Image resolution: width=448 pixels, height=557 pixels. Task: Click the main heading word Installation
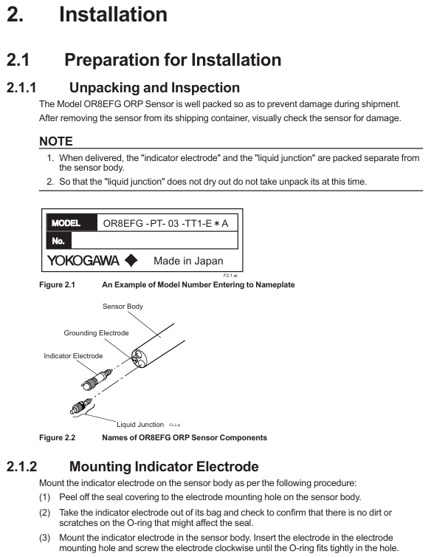[113, 14]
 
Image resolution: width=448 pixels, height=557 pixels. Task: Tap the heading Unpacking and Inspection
[154, 89]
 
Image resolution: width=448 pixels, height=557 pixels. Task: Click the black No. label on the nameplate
[59, 241]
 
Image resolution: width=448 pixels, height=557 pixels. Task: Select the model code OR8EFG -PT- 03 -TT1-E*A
[166, 222]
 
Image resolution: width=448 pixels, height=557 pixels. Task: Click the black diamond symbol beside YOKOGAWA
[131, 260]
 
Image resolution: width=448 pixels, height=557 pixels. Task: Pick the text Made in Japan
[187, 261]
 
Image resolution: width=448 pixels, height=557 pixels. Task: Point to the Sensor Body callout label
[123, 306]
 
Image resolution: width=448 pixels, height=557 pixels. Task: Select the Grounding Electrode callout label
[96, 333]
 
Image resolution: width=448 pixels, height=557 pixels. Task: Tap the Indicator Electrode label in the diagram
[73, 356]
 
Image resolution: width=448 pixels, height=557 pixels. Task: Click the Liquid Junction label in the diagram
[140, 425]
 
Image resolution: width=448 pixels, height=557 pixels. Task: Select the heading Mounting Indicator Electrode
[164, 466]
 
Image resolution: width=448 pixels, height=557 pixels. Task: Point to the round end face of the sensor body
[140, 359]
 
